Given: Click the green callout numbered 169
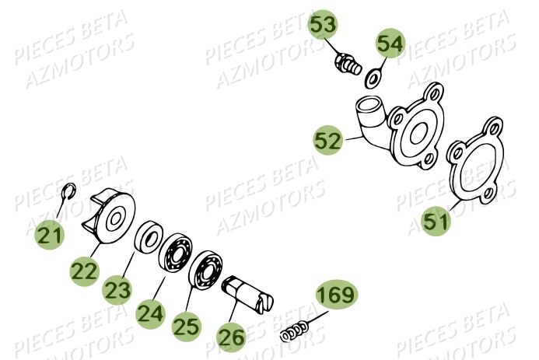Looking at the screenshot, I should (x=336, y=295).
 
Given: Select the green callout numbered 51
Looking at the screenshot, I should (x=436, y=222).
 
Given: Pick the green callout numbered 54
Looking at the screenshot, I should (x=391, y=44).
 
